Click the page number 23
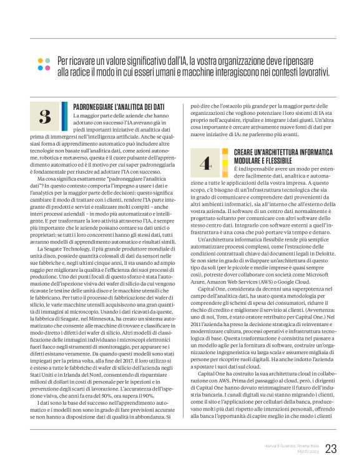331,449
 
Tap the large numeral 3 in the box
44,116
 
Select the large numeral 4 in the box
205,163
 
